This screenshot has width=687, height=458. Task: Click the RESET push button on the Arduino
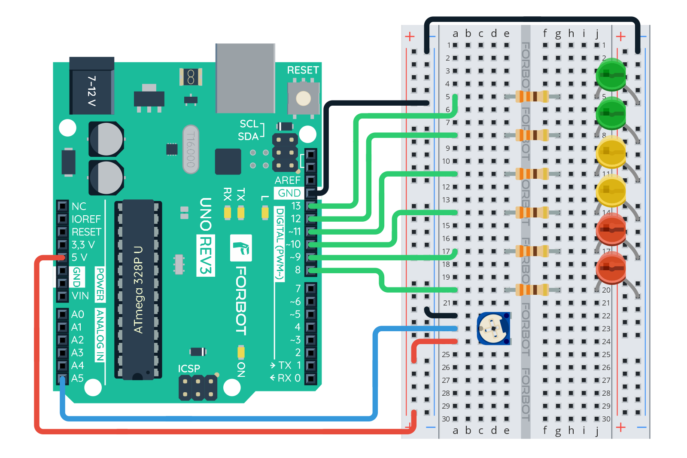point(303,98)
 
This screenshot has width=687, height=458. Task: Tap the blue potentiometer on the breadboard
point(493,329)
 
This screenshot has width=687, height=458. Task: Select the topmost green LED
point(611,74)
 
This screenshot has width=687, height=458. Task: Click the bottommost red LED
point(611,267)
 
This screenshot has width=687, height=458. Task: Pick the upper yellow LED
point(611,152)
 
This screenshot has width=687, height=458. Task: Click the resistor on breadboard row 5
point(532,96)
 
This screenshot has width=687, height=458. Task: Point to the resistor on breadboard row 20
point(532,290)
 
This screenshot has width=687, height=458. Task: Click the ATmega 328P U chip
point(138,290)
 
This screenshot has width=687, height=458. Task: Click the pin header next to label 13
point(311,206)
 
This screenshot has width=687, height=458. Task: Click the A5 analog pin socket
point(63,379)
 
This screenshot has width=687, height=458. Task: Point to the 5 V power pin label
point(79,257)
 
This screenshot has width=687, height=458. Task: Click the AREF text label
point(287,180)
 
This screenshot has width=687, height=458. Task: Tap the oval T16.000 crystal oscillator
point(191,149)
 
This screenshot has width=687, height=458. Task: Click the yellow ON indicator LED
point(241,352)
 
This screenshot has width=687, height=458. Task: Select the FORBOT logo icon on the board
point(241,248)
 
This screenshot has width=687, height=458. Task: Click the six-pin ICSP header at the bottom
point(198,388)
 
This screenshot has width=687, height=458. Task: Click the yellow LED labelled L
point(265,213)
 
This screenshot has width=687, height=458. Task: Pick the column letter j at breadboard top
point(597,34)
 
